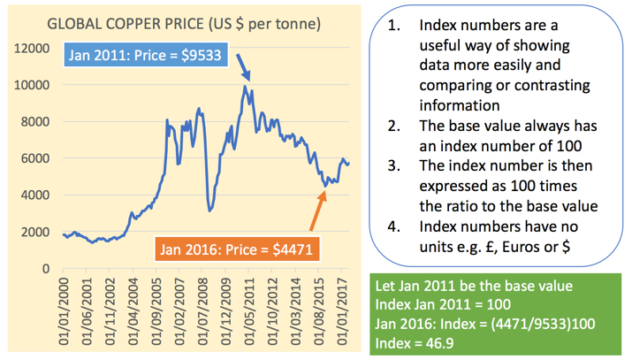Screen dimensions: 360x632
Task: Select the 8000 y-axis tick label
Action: (33, 121)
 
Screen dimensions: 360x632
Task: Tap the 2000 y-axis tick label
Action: (33, 232)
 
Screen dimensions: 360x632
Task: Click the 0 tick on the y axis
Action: (45, 268)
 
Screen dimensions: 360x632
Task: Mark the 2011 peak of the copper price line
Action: (244, 86)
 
